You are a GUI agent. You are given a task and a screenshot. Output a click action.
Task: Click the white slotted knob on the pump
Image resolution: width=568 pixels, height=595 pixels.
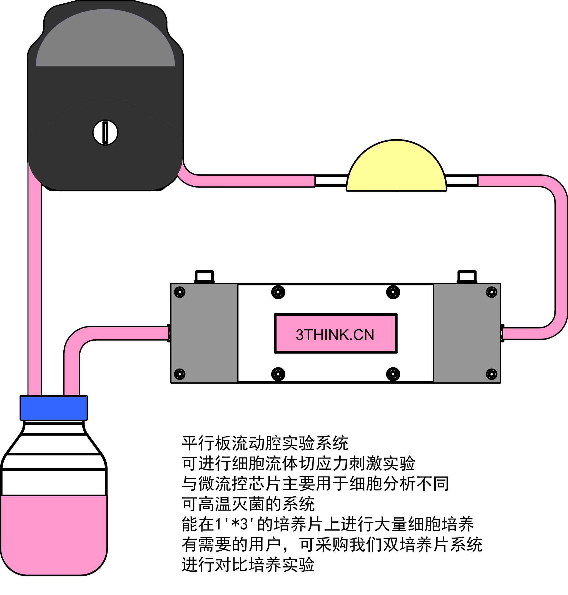[105, 133]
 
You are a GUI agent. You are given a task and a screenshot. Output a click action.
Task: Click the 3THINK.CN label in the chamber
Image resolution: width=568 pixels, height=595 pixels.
[335, 334]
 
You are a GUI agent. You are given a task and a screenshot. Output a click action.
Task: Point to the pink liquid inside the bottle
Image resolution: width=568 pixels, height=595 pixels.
[54, 533]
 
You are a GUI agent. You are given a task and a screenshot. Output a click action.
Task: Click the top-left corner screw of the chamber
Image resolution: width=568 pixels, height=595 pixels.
[180, 292]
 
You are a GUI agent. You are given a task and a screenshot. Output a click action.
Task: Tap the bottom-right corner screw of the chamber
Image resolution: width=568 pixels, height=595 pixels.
[491, 374]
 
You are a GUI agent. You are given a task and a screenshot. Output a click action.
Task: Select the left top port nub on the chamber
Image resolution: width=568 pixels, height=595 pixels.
[204, 277]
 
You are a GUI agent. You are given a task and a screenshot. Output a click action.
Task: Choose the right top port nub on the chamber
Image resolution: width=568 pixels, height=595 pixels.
[467, 277]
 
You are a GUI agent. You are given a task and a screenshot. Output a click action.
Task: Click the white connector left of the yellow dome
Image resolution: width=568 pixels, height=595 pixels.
[331, 181]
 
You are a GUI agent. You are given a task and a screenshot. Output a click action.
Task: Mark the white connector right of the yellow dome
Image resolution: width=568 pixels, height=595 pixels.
[462, 181]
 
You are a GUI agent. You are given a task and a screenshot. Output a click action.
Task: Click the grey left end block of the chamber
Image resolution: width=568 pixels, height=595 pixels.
[204, 333]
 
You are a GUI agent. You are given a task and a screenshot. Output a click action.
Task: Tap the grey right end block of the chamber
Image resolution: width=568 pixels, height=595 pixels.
[467, 333]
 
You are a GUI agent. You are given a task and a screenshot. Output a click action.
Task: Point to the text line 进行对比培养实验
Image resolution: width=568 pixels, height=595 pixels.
[248, 565]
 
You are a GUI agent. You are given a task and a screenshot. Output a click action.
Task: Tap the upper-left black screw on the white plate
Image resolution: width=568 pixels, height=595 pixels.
[278, 292]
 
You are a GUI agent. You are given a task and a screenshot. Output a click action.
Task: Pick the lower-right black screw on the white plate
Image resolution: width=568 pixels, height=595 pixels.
[393, 374]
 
